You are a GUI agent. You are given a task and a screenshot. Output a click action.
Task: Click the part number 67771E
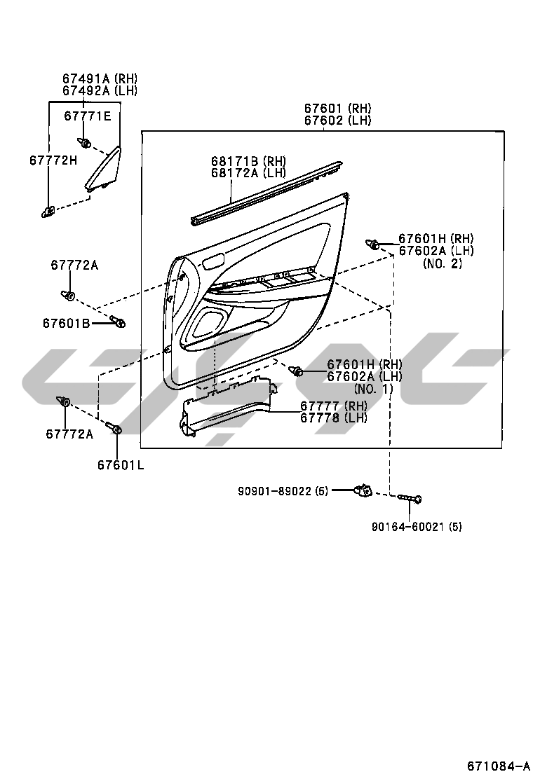pos(88,116)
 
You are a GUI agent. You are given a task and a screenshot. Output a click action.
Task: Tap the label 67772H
pos(53,160)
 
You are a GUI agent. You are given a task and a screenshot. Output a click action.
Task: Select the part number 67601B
pos(66,323)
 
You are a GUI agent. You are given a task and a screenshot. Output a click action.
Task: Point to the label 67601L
pos(121,464)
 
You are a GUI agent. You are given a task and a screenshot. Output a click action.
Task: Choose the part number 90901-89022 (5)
pos(283,490)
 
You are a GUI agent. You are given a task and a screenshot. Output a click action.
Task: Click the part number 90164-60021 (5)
pos(417,526)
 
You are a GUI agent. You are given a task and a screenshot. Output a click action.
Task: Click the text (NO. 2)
pos(443,263)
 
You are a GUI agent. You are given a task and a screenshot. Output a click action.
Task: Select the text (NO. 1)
pos(374,388)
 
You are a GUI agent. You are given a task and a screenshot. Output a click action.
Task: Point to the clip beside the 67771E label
pos(86,144)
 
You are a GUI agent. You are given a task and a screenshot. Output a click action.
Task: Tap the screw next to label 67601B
pos(117,322)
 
